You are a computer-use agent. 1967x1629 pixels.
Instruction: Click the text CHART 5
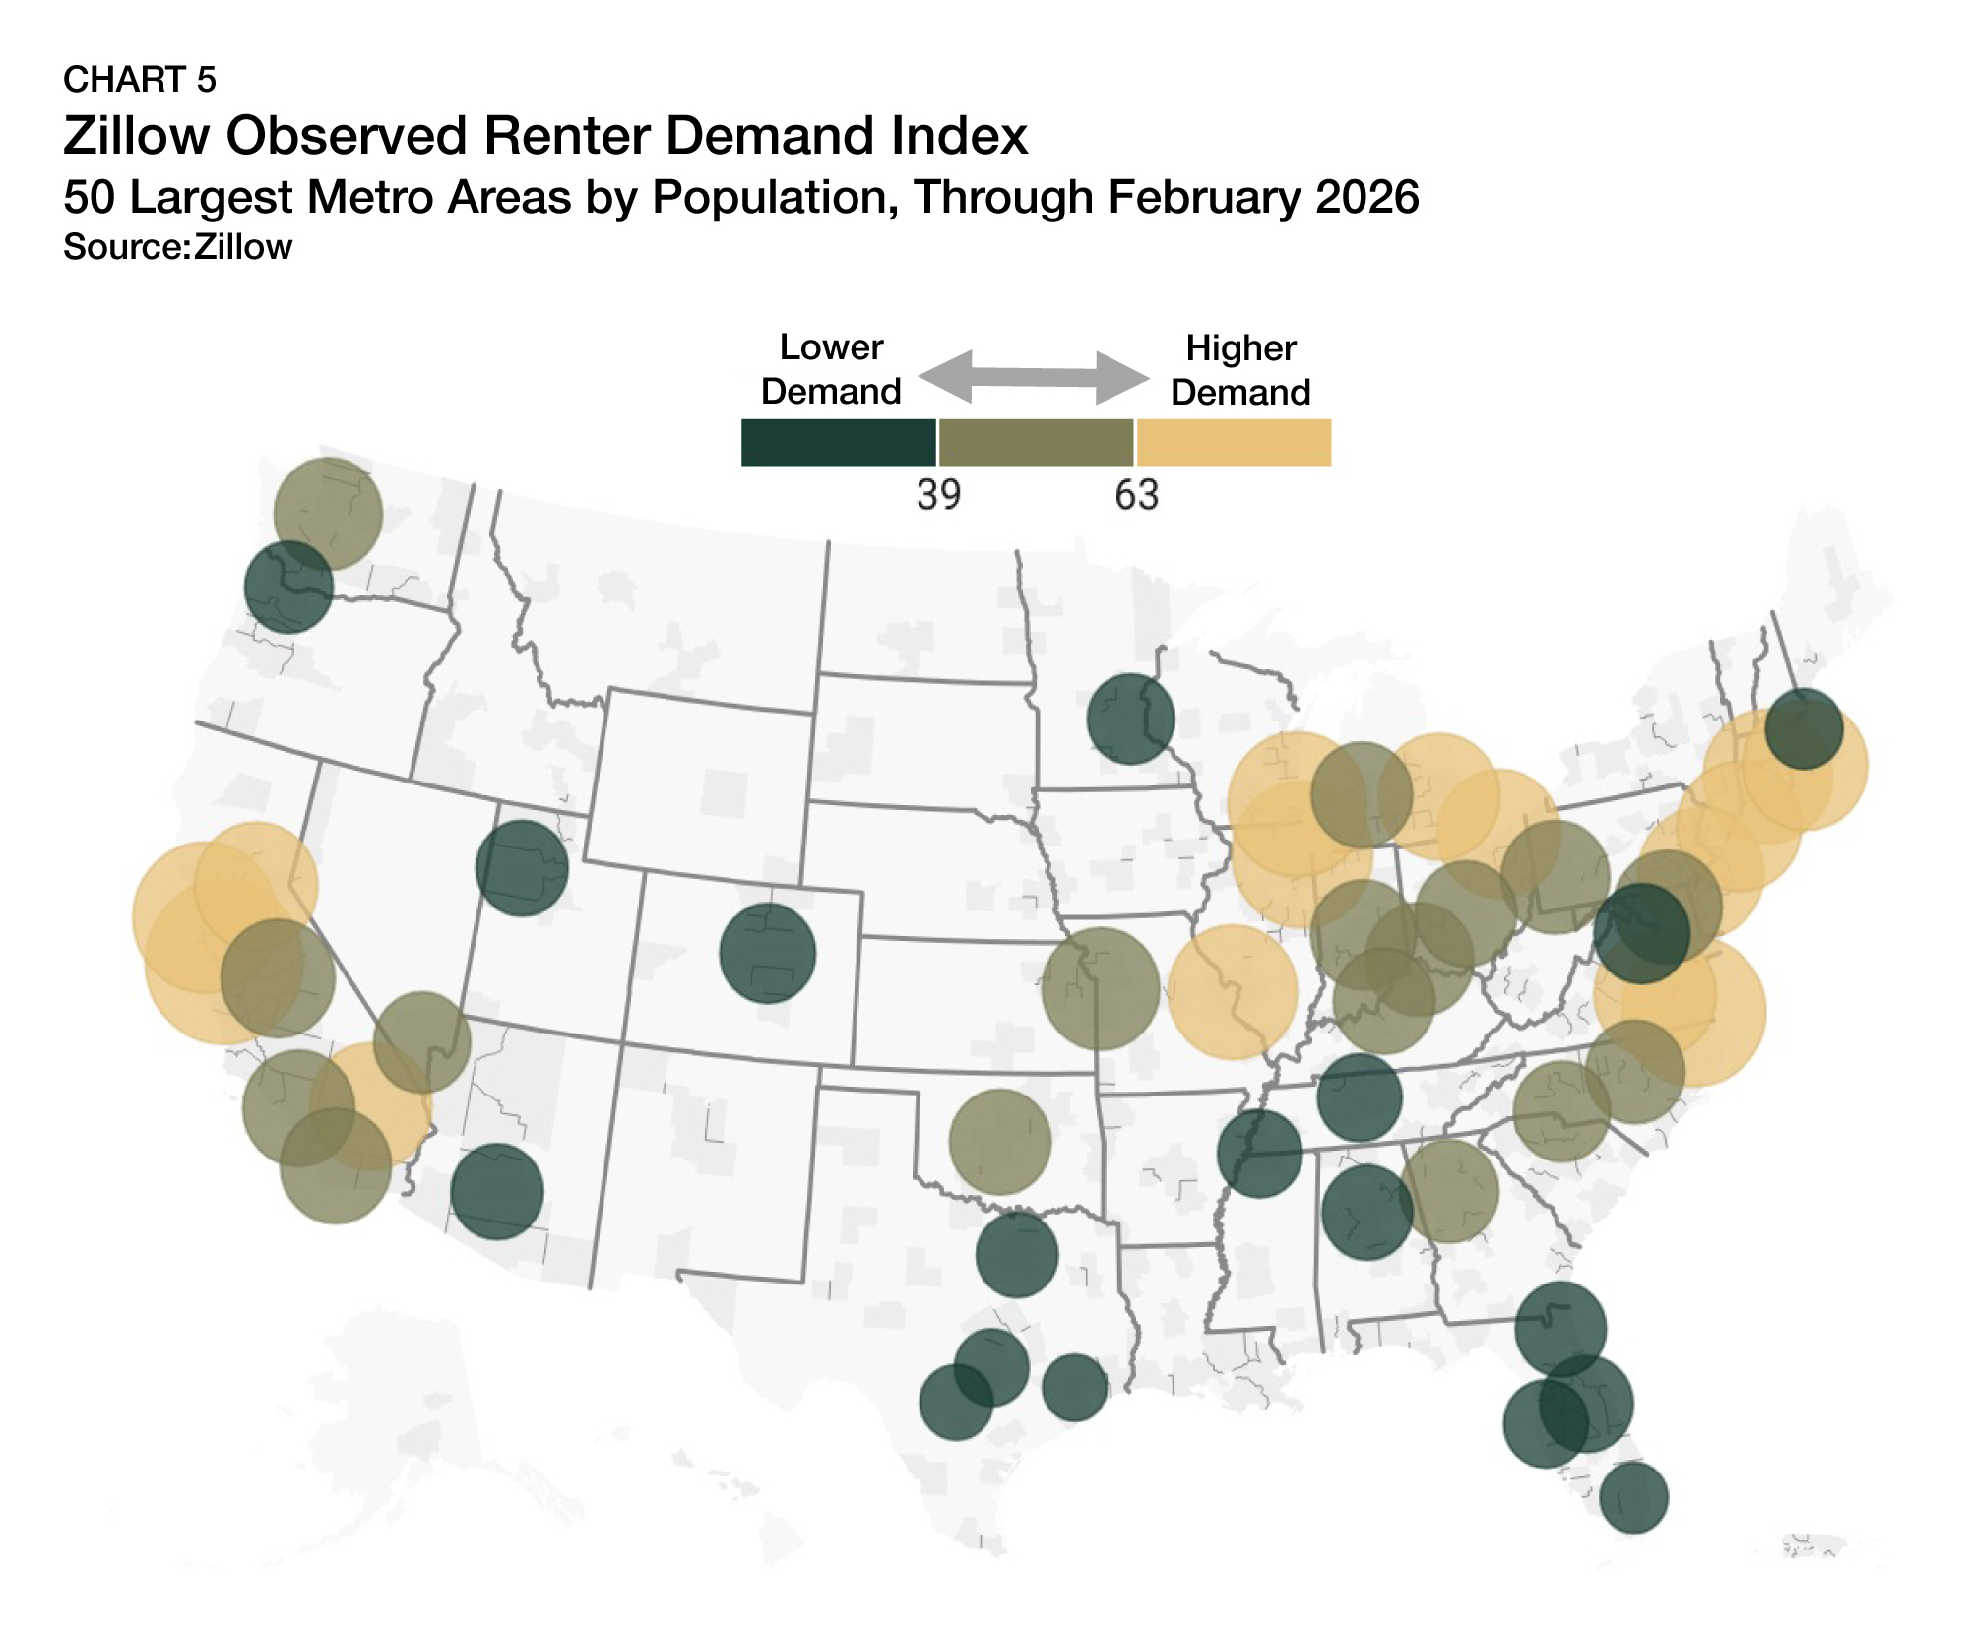[x=139, y=80]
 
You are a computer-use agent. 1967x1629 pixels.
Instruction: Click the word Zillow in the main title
[x=136, y=136]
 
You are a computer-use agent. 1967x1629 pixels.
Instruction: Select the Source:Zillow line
[x=177, y=247]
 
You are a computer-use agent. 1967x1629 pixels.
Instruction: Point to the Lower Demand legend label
[x=831, y=369]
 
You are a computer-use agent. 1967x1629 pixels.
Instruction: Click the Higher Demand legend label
[x=1240, y=370]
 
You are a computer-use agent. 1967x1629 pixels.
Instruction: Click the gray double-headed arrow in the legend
[x=1034, y=377]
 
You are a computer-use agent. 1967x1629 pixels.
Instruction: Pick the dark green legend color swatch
[x=838, y=443]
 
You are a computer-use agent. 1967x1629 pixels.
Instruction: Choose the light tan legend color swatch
[x=1234, y=443]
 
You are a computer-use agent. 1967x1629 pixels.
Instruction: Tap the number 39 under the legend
[x=938, y=494]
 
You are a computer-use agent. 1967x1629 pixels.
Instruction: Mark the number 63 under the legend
[x=1136, y=494]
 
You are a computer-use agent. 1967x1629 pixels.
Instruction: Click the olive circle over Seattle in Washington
[x=328, y=513]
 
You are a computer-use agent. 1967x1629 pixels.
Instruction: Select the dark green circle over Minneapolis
[x=1130, y=719]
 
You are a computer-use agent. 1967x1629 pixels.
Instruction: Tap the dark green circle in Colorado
[x=768, y=953]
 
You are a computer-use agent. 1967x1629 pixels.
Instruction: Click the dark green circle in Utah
[x=522, y=868]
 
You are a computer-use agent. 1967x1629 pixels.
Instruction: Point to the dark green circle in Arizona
[x=497, y=1191]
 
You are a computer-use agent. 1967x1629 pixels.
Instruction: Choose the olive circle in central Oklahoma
[x=1000, y=1142]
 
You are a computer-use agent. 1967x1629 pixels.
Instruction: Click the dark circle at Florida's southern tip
[x=1633, y=1497]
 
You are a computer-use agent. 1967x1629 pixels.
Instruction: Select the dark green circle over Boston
[x=1804, y=729]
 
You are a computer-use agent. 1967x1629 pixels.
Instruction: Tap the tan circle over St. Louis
[x=1233, y=992]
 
